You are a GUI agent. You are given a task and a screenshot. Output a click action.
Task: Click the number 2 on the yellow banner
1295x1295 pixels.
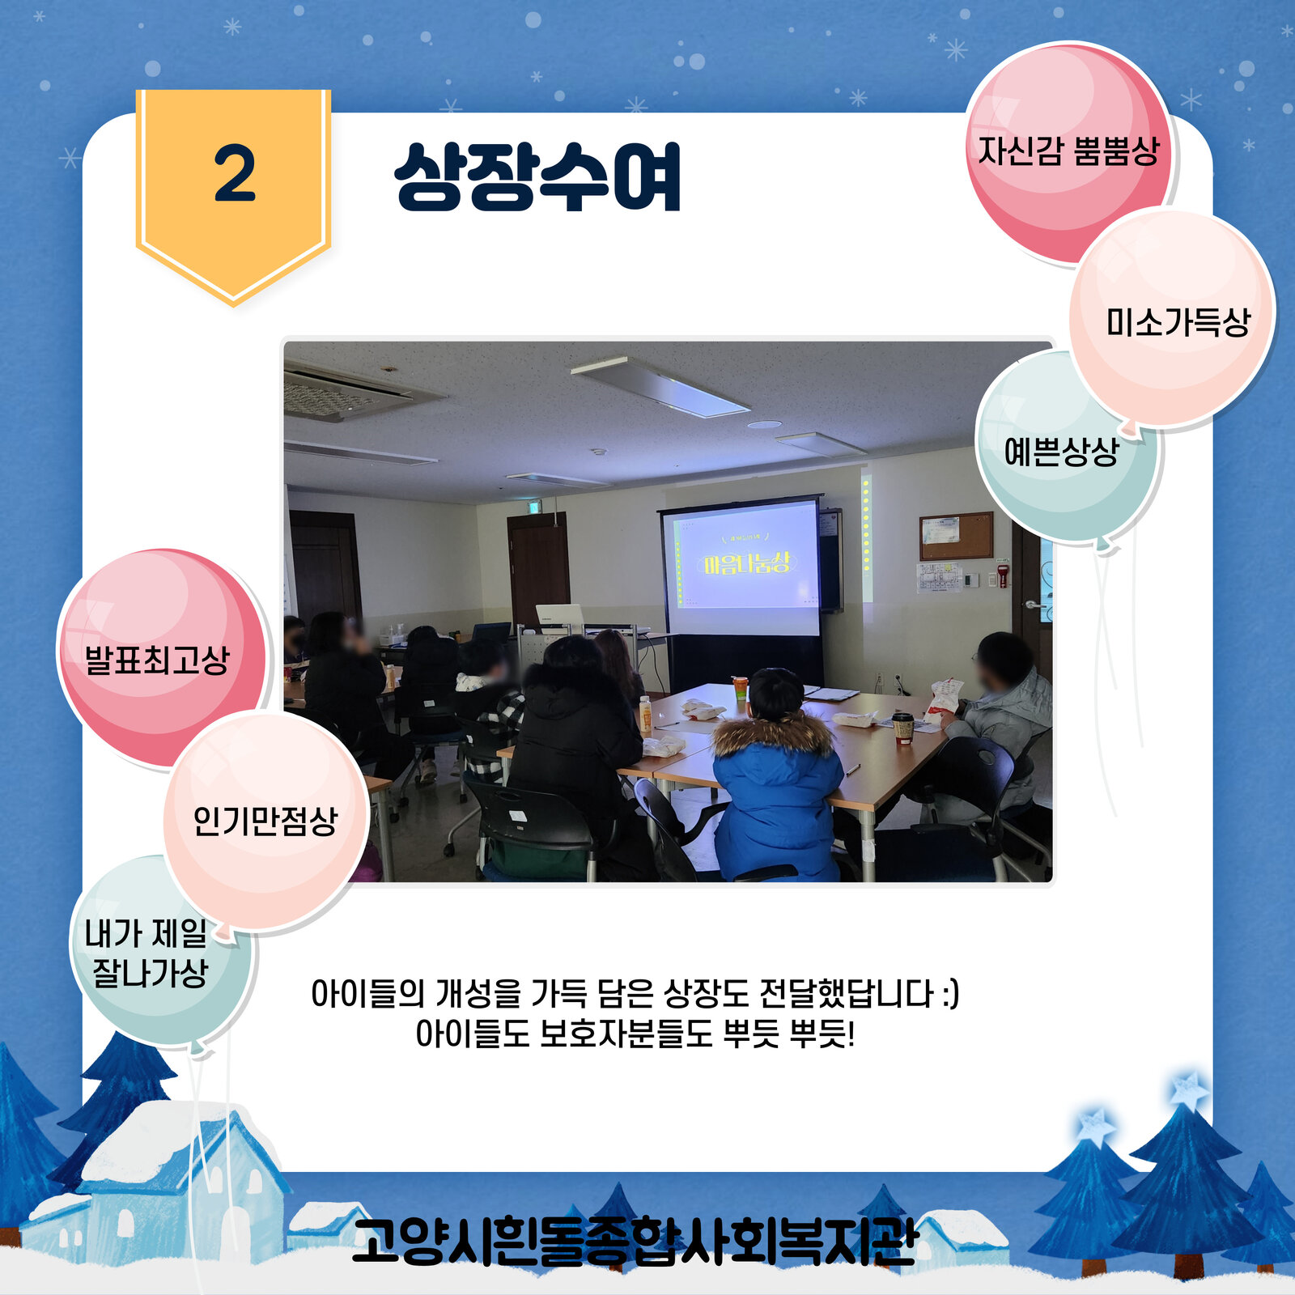coord(235,174)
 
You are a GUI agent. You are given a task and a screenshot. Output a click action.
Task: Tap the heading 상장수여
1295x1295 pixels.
coord(537,176)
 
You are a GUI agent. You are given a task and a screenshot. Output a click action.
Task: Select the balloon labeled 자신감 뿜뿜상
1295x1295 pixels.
coord(1068,152)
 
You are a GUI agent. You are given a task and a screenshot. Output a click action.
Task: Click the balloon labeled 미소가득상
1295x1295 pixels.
coord(1172,317)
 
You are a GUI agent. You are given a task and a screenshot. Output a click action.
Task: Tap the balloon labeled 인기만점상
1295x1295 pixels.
coord(265,821)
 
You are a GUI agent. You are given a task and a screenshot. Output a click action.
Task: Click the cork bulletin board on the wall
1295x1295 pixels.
coord(956,536)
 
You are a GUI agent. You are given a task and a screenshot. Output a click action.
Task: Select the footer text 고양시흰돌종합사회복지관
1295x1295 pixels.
coord(635,1241)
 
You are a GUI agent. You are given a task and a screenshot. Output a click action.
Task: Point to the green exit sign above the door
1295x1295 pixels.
coord(535,507)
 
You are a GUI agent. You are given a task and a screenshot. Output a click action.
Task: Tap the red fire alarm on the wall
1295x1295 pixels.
coord(1004,576)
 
